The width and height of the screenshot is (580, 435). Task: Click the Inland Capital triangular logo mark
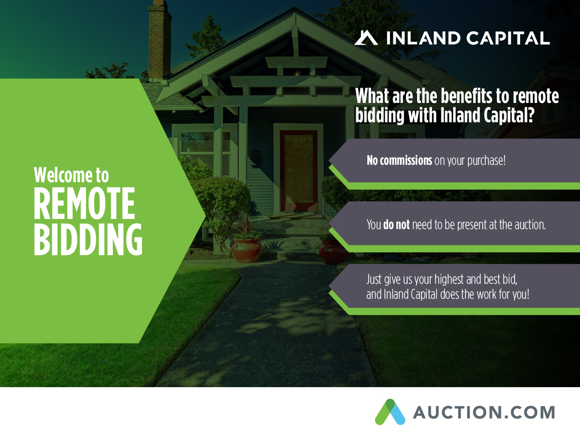pyautogui.click(x=366, y=38)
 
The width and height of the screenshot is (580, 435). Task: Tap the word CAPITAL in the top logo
pyautogui.click(x=508, y=38)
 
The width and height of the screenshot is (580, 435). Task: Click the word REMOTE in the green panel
pyautogui.click(x=84, y=203)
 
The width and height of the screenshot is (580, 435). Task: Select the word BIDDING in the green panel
pyautogui.click(x=88, y=239)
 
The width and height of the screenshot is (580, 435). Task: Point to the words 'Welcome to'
pyautogui.click(x=72, y=175)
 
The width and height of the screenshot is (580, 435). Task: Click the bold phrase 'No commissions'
pyautogui.click(x=399, y=160)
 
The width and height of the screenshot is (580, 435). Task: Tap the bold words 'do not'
pyautogui.click(x=396, y=224)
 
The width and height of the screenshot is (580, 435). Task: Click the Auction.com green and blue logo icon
pyautogui.click(x=390, y=412)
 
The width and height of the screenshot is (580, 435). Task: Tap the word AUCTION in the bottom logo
pyautogui.click(x=457, y=413)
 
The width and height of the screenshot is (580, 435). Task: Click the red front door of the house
pyautogui.click(x=299, y=171)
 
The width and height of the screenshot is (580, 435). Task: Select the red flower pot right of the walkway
pyautogui.click(x=333, y=252)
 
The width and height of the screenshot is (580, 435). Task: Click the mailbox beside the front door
pyautogui.click(x=255, y=157)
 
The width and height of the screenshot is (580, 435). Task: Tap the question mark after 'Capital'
pyautogui.click(x=531, y=115)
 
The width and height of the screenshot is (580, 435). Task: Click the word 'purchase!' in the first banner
pyautogui.click(x=486, y=161)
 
